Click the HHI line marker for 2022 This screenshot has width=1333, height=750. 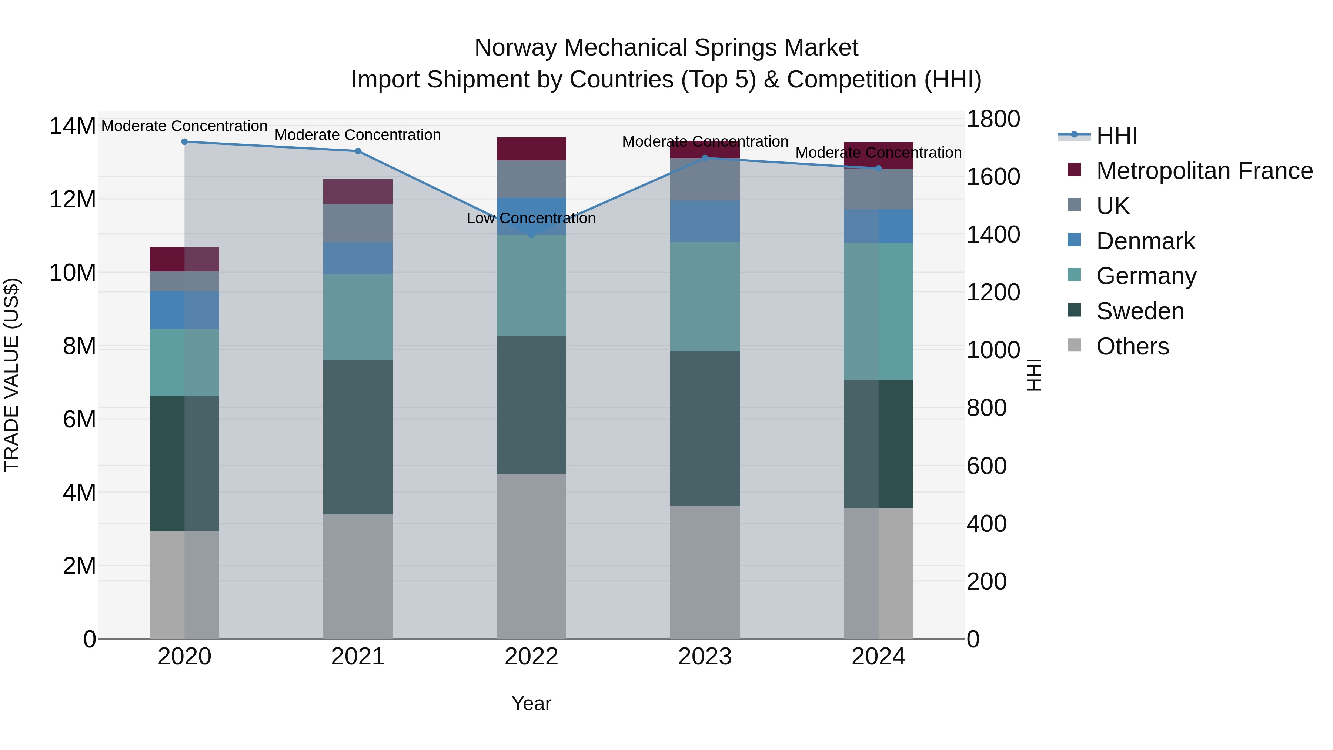point(531,235)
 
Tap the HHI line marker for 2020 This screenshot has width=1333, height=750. point(184,142)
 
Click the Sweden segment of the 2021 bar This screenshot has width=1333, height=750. point(358,437)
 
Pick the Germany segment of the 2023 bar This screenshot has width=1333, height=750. point(705,297)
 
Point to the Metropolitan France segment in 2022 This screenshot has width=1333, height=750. point(531,149)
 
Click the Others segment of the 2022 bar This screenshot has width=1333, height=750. point(531,556)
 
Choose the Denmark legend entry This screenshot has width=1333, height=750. point(1145,241)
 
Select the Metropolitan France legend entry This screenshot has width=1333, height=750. point(1204,171)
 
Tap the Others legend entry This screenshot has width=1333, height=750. point(1132,346)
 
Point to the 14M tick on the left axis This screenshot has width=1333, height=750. point(73,126)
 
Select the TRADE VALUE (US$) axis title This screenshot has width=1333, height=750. point(12,375)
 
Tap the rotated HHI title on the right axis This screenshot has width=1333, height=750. point(1034,375)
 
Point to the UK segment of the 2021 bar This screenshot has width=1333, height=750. point(358,223)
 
